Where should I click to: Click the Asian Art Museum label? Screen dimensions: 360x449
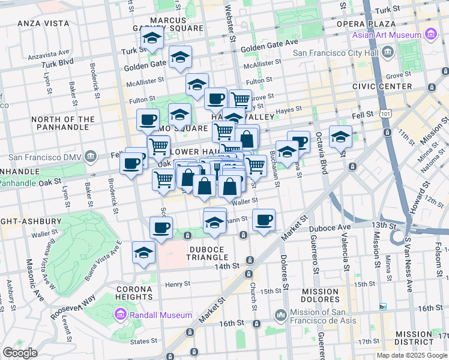[387, 35]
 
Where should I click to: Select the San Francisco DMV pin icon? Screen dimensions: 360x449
[91, 157]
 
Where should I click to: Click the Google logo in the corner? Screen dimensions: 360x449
[20, 353]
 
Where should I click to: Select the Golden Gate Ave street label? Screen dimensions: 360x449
[270, 46]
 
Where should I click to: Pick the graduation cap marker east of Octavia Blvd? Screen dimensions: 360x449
[340, 137]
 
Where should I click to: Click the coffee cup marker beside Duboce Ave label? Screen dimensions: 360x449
[264, 220]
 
